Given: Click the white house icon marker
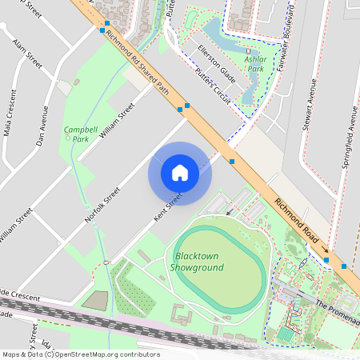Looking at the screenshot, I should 180,172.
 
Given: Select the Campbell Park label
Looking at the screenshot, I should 76,134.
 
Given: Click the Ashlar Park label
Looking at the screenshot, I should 255,64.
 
